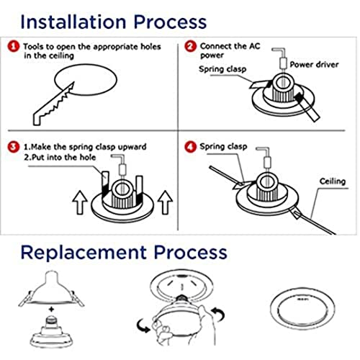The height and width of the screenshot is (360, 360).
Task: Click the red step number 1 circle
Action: coord(14,46)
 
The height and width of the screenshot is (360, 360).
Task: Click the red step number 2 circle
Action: coord(190,45)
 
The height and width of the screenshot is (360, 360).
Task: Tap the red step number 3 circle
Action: coord(14,147)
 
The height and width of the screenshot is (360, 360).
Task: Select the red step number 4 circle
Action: coord(190,146)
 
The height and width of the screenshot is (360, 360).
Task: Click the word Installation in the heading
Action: coord(73,22)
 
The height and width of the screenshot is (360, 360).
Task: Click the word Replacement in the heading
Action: coord(84,253)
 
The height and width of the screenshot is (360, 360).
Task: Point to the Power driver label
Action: coord(314,64)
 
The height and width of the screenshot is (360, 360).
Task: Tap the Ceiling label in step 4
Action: coord(333,181)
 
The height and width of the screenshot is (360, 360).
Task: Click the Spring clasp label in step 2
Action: coord(222,69)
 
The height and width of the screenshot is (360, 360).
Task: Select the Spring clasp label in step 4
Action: coord(223,146)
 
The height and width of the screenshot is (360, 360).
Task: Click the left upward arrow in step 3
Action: coord(80,203)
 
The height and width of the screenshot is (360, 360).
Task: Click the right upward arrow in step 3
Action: coord(165,202)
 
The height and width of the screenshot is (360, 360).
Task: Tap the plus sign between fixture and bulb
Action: coord(51,310)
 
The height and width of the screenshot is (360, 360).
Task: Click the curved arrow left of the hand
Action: coord(143,325)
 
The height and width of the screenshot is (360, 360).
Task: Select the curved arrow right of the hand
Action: coord(218,314)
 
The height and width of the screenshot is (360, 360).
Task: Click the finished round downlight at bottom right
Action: coord(302,308)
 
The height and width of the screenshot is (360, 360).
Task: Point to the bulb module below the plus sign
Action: coord(51,332)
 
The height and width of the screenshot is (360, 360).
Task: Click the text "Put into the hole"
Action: coord(63,158)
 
